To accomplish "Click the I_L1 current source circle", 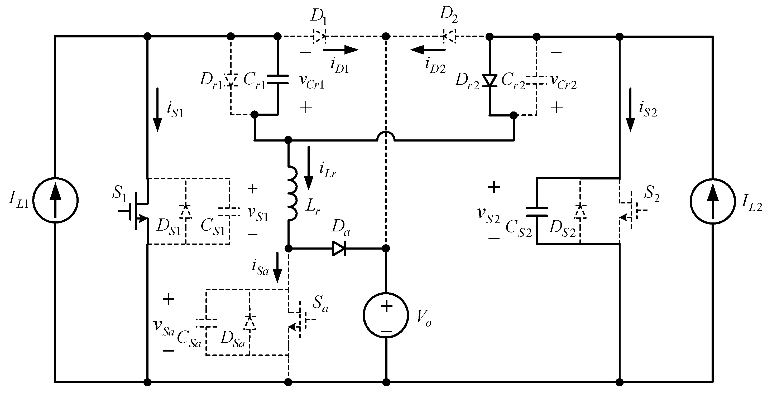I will pos(55,201).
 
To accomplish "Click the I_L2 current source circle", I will pos(713,201).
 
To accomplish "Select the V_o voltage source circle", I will pos(386,315).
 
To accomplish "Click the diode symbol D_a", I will pos(338,249).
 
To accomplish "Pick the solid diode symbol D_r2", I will pos(490,80).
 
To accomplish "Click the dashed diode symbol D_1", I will pos(319,36).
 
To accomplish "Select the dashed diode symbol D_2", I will pos(449,36).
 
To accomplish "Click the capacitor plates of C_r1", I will pos(277,79).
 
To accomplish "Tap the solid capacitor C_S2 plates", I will pos(537,212).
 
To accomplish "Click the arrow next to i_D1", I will pos(341,50).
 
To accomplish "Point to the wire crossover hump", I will pos(386,136).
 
